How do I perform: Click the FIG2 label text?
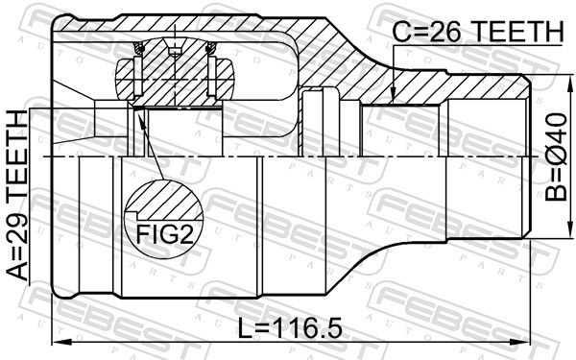pyautogui.click(x=165, y=233)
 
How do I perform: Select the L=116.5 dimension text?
pyautogui.click(x=290, y=328)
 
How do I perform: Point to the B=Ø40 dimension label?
pyautogui.click(x=556, y=157)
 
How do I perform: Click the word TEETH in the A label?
pyautogui.click(x=17, y=156)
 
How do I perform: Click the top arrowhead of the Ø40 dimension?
pyautogui.click(x=570, y=83)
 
